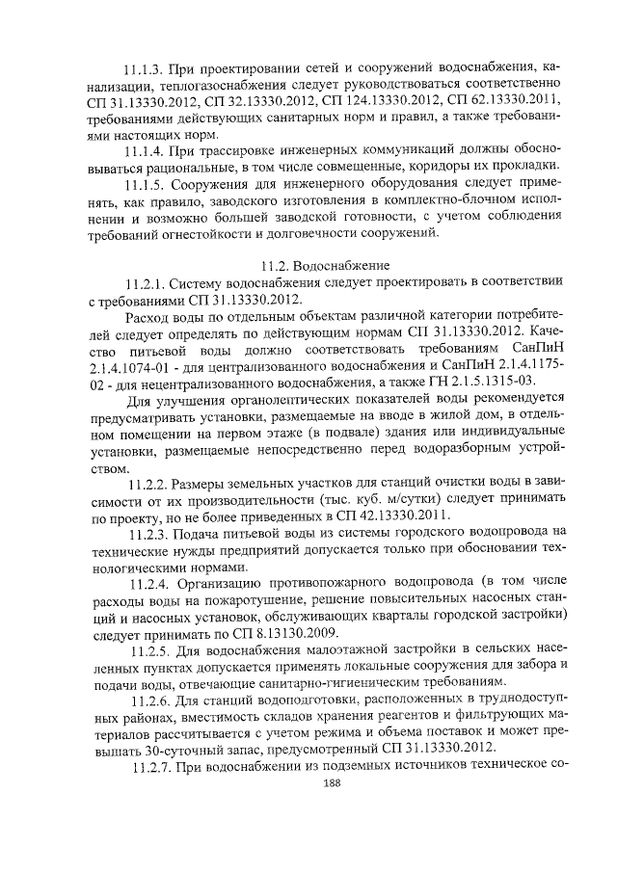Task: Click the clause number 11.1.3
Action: point(145,69)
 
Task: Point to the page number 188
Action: point(309,783)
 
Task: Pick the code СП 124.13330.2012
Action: point(379,101)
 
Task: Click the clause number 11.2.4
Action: point(152,583)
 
